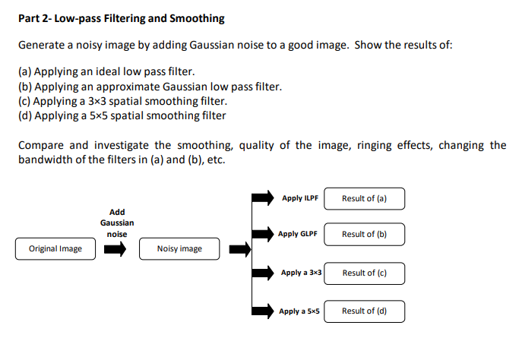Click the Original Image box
[x=55, y=248]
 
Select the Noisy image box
[x=179, y=248]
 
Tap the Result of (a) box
[x=364, y=198]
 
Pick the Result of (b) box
[x=364, y=234]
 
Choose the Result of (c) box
[x=364, y=273]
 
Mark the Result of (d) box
[x=364, y=311]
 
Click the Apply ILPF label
[x=299, y=198]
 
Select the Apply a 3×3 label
[x=301, y=273]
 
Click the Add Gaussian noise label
[x=117, y=223]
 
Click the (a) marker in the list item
[x=24, y=71]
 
